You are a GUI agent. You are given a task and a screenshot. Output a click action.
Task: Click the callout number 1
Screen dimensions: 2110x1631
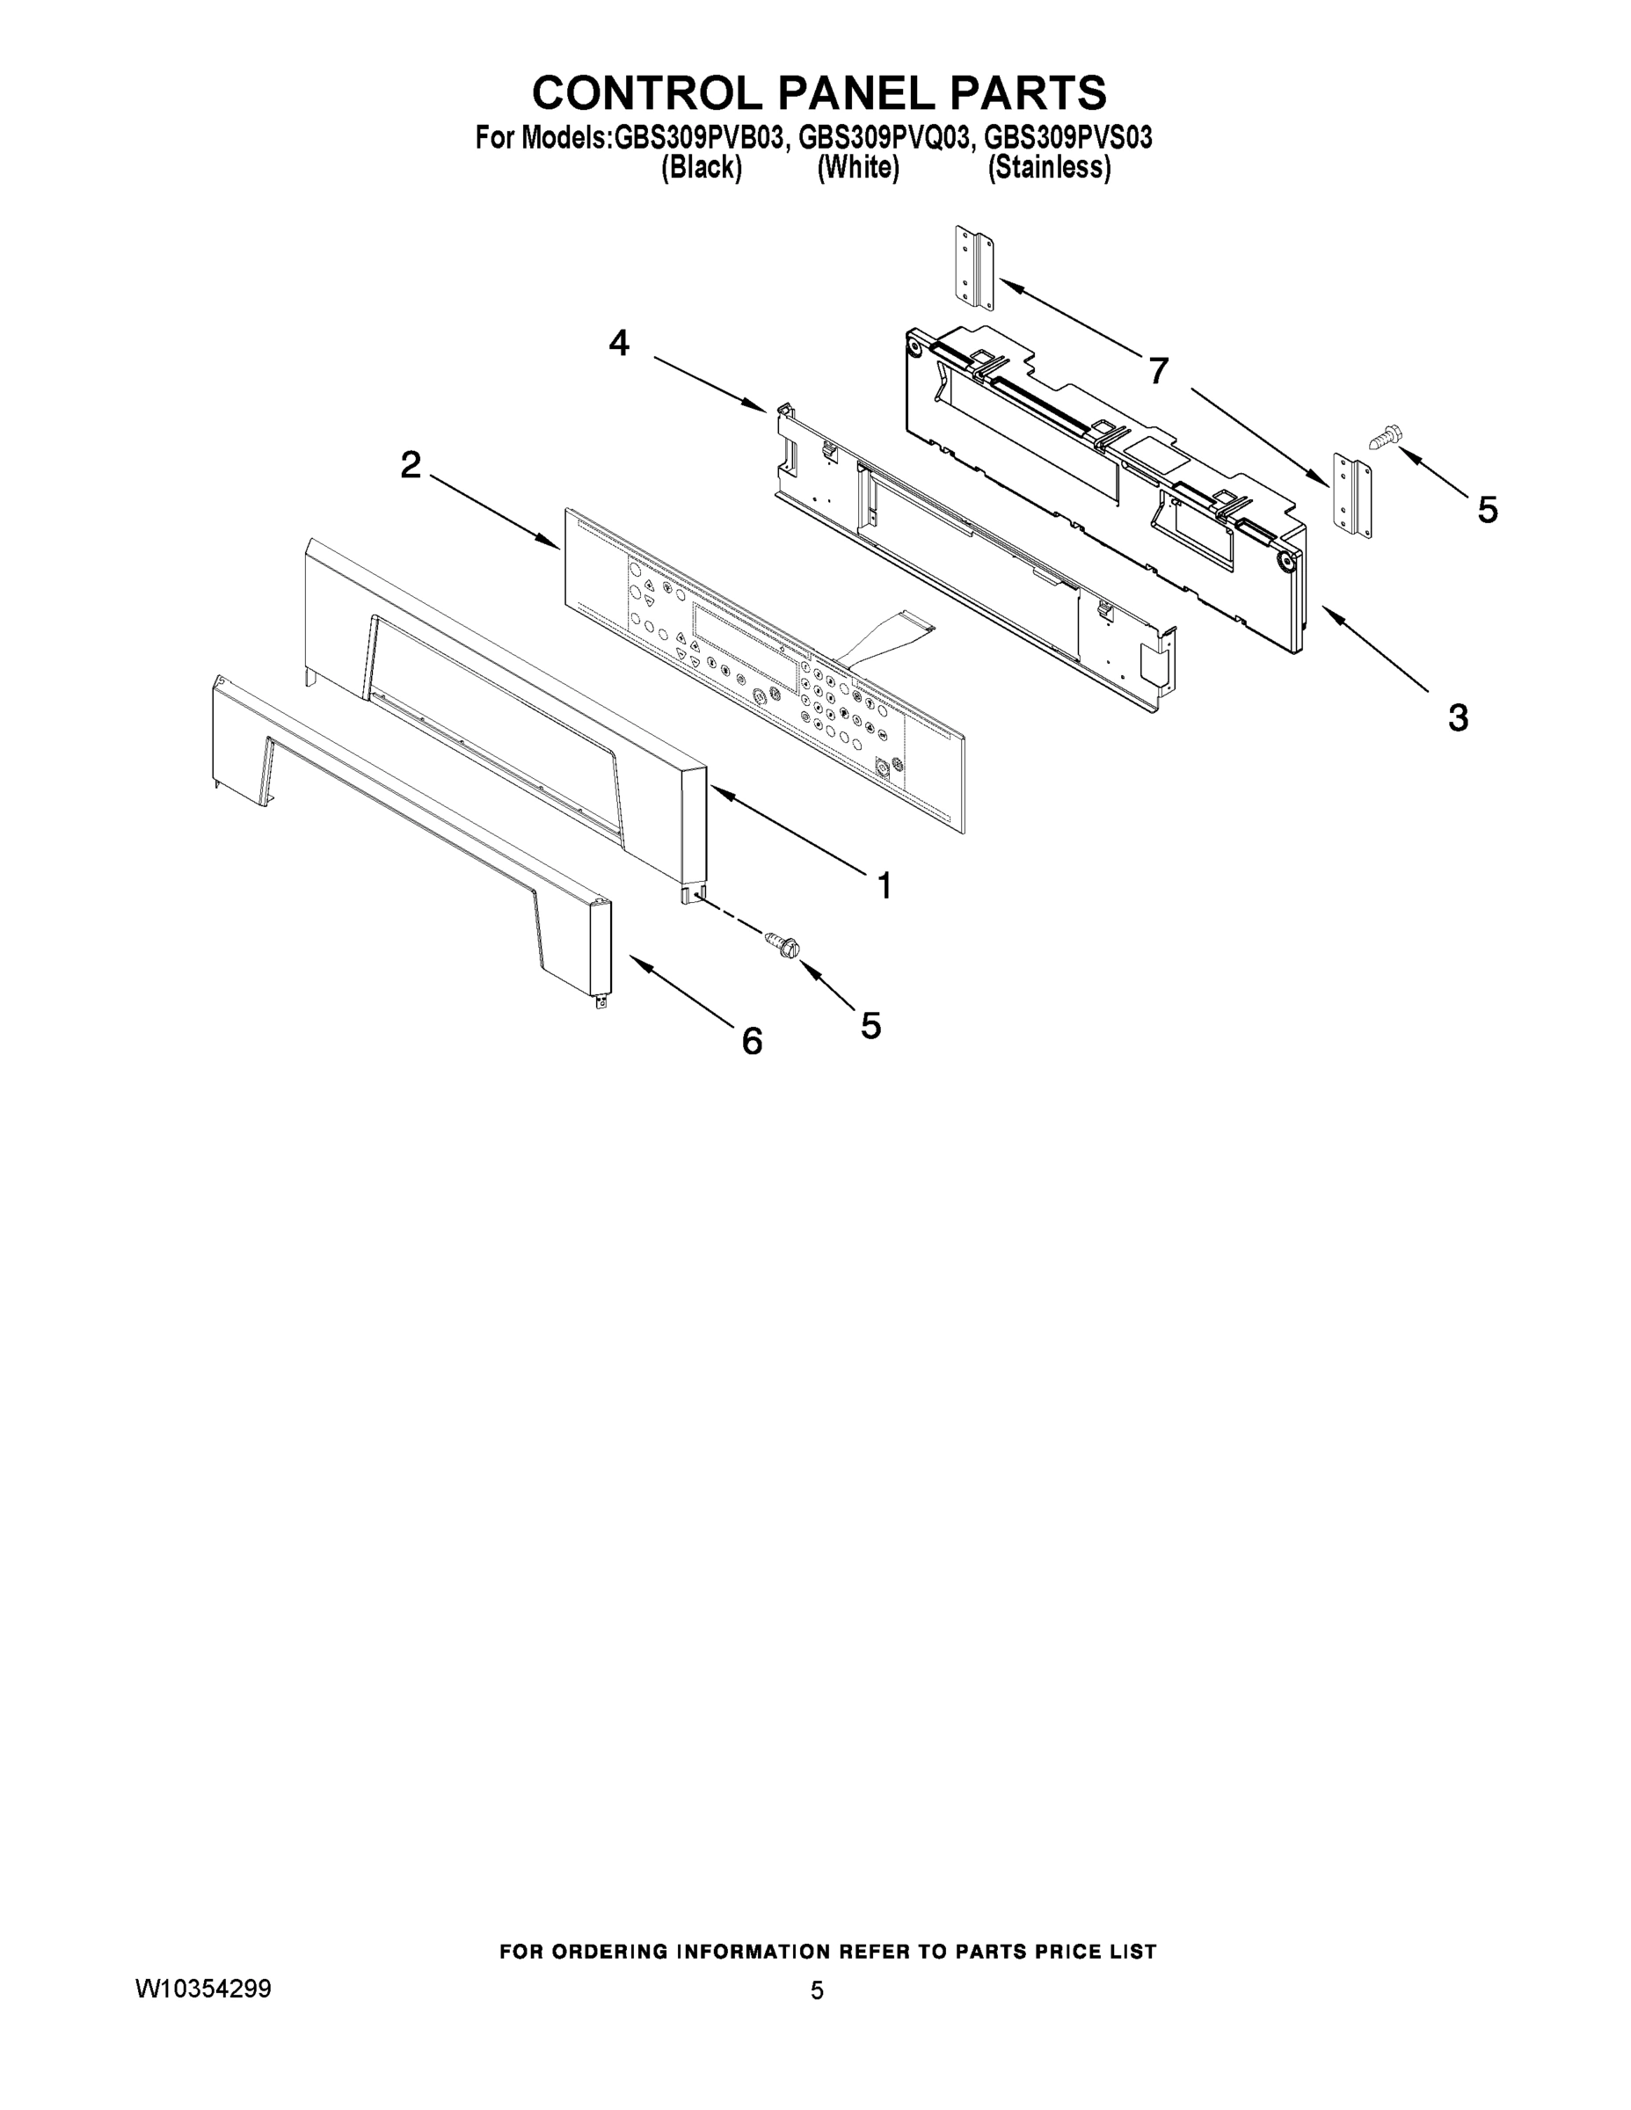pos(883,885)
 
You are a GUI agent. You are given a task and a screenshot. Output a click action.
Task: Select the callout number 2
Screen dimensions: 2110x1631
pos(411,465)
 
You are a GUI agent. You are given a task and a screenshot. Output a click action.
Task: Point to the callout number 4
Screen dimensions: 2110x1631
pos(618,342)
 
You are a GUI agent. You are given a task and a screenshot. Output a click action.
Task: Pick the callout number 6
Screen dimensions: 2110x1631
pos(752,1041)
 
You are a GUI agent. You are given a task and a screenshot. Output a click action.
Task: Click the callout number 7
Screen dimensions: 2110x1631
pos(1159,370)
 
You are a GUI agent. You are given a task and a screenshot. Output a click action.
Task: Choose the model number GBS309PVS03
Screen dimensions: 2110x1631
pos(1067,138)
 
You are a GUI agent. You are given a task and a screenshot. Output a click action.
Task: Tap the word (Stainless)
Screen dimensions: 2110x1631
pos(1048,168)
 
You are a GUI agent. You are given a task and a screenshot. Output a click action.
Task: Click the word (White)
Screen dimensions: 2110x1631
pos(858,168)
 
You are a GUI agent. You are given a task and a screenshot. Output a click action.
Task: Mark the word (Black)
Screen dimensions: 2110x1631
pos(702,168)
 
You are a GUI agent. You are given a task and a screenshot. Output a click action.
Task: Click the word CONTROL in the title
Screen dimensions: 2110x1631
pos(646,92)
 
